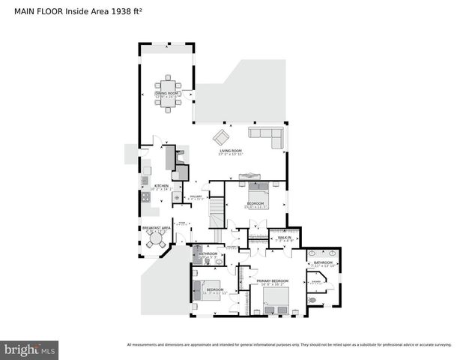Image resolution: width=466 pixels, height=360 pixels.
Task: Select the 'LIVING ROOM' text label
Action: pyautogui.click(x=231, y=151)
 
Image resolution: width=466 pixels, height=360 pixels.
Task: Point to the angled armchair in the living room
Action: pyautogui.click(x=221, y=137)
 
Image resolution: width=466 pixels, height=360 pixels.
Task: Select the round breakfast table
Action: pyautogui.click(x=156, y=241)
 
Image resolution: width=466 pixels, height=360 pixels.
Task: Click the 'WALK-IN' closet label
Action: pyautogui.click(x=284, y=237)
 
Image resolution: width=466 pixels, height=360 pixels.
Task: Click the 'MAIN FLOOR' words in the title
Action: pyautogui.click(x=37, y=12)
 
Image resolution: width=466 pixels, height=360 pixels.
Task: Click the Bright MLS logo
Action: pyautogui.click(x=30, y=349)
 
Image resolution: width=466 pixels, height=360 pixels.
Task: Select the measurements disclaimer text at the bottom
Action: pyautogui.click(x=289, y=344)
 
